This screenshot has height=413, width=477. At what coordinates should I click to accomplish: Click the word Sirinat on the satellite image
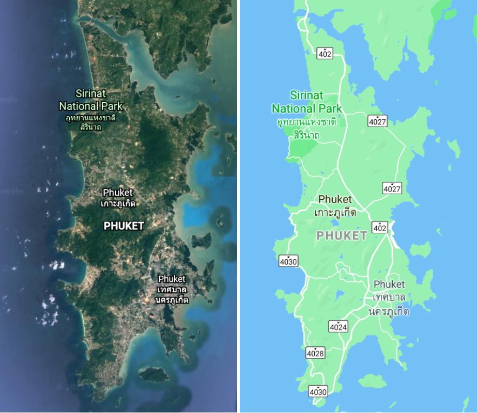pyautogui.click(x=91, y=94)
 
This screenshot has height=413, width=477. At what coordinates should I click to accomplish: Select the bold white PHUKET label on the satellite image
pyautogui.click(x=124, y=226)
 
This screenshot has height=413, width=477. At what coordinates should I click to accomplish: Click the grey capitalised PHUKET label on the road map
pyautogui.click(x=342, y=236)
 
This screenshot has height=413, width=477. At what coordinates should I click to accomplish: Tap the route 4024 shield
pyautogui.click(x=338, y=327)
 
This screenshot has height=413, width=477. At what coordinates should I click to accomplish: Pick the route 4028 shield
pyautogui.click(x=315, y=353)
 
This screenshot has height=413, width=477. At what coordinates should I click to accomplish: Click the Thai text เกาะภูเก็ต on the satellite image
pyautogui.click(x=118, y=203)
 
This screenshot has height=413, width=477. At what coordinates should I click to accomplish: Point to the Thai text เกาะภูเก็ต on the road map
pyautogui.click(x=335, y=212)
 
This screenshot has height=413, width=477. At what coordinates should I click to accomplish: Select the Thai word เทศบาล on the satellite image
pyautogui.click(x=173, y=289)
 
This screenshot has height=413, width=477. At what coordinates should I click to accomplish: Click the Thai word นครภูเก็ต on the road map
pyautogui.click(x=389, y=311)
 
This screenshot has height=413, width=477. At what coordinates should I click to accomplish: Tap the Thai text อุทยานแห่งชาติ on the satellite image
pyautogui.click(x=90, y=118)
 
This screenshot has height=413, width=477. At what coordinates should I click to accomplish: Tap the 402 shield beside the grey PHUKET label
pyautogui.click(x=380, y=227)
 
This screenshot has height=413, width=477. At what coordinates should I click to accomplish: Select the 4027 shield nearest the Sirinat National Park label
pyautogui.click(x=378, y=121)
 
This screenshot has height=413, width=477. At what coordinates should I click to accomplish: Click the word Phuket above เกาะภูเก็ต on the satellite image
pyautogui.click(x=118, y=193)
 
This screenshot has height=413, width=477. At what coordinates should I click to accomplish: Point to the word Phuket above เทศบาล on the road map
pyautogui.click(x=389, y=284)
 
